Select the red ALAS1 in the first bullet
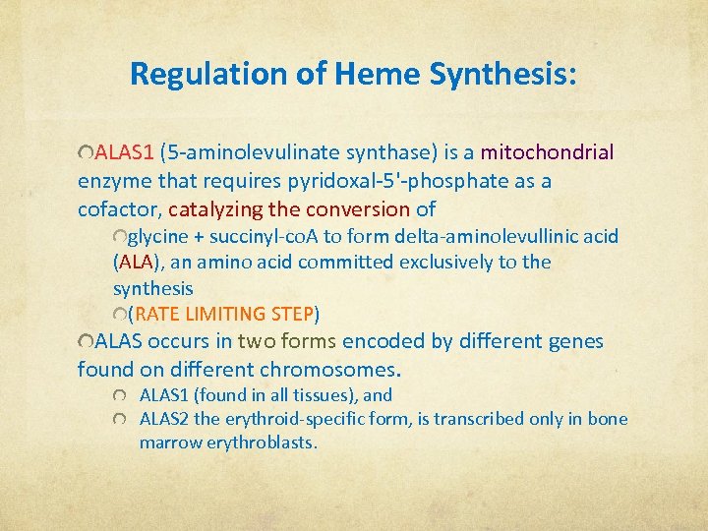click(125, 152)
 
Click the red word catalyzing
click(215, 209)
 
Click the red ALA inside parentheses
click(136, 263)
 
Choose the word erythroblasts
click(261, 442)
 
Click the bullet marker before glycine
click(120, 237)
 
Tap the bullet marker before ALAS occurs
click(85, 342)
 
